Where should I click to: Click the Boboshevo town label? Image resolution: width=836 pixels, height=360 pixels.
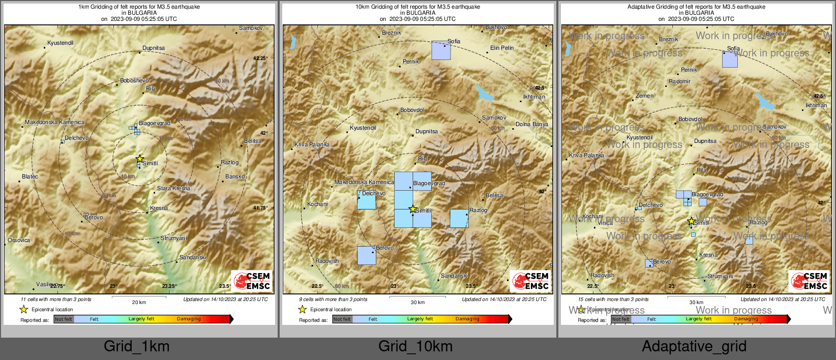pyautogui.click(x=134, y=81)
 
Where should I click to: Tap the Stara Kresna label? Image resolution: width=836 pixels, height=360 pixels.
pyautogui.click(x=173, y=189)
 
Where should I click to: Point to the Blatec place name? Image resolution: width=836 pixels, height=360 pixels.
pyautogui.click(x=30, y=177)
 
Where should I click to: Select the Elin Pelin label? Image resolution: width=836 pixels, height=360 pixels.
pyautogui.click(x=502, y=48)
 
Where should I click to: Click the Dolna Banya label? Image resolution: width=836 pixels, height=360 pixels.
pyautogui.click(x=532, y=125)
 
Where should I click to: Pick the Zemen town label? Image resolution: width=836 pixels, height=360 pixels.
pyautogui.click(x=644, y=96)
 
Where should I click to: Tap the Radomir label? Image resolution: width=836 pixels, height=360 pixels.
pyautogui.click(x=679, y=82)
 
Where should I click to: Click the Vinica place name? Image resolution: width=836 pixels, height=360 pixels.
pyautogui.click(x=605, y=223)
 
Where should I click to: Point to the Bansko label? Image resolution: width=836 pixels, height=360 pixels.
pyautogui.click(x=235, y=177)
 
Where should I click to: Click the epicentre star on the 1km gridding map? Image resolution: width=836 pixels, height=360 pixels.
pyautogui.click(x=140, y=159)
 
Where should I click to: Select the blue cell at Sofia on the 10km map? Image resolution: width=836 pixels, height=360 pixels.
pyautogui.click(x=441, y=51)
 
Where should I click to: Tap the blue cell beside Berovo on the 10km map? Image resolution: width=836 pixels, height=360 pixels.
pyautogui.click(x=366, y=256)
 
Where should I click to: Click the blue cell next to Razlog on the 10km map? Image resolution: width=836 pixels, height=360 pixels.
pyautogui.click(x=459, y=219)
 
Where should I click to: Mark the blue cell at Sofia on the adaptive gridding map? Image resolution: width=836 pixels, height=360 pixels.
pyautogui.click(x=730, y=59)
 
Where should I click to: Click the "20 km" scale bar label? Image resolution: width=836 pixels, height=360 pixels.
pyautogui.click(x=139, y=303)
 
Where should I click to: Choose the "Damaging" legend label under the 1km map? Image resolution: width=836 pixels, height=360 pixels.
pyautogui.click(x=189, y=319)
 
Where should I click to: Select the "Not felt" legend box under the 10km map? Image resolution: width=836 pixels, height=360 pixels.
pyautogui.click(x=342, y=319)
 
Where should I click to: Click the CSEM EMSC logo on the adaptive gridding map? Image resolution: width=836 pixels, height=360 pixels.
pyautogui.click(x=810, y=281)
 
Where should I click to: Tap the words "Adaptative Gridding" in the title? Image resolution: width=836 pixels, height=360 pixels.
pyautogui.click(x=652, y=7)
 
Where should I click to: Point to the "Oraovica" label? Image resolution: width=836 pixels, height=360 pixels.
pyautogui.click(x=19, y=241)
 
